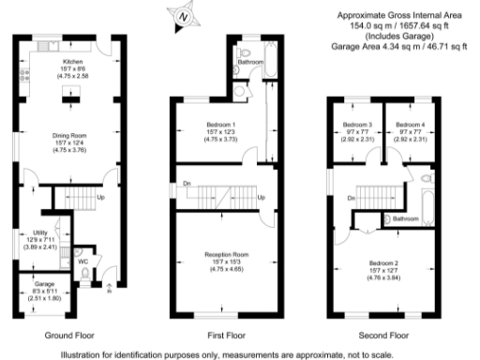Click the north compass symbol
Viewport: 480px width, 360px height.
click(182, 14)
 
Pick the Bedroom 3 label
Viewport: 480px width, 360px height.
click(357, 125)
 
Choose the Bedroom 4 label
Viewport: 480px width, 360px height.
click(410, 125)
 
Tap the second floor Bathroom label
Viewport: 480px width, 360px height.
click(405, 218)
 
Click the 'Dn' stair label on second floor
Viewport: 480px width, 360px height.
click(351, 198)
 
